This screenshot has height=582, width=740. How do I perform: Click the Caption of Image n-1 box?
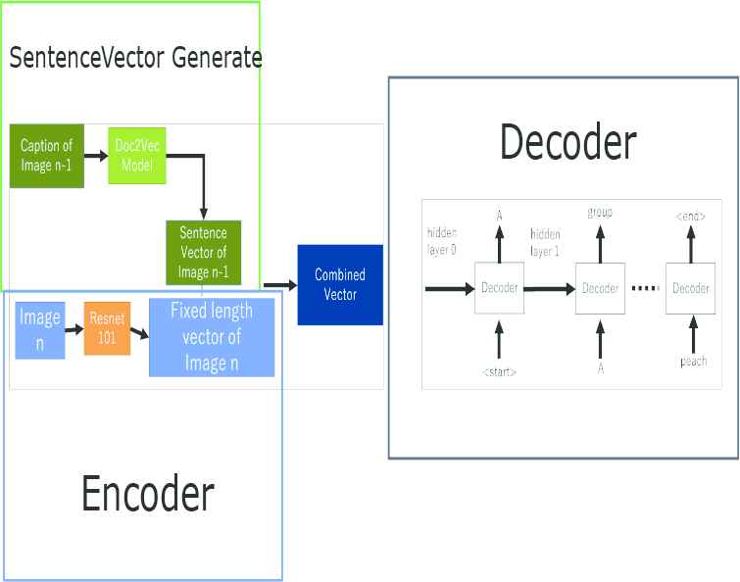[x=47, y=154]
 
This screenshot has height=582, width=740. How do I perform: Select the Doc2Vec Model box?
[x=137, y=154]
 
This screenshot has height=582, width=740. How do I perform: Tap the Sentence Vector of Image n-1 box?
[x=203, y=252]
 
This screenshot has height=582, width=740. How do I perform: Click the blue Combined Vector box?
[x=339, y=285]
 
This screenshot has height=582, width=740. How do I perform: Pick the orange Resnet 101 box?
[x=107, y=328]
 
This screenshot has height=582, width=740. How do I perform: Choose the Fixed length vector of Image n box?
[x=211, y=338]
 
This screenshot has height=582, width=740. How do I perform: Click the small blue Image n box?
[x=40, y=330]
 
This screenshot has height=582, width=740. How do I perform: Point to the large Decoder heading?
[x=567, y=142]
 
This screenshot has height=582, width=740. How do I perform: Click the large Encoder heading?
[x=147, y=494]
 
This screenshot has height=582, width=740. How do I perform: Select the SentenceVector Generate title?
[x=135, y=57]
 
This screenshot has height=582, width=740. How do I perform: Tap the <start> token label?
[x=499, y=372]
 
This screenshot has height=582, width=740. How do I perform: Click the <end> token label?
[x=690, y=215]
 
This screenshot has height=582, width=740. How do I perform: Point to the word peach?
[x=693, y=362]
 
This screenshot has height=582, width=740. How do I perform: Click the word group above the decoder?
[x=600, y=213]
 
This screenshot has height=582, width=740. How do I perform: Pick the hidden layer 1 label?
[x=545, y=242]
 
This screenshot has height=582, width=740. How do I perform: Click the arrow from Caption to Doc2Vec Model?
[x=96, y=155]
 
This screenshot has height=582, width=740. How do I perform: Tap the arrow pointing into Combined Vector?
[x=279, y=284]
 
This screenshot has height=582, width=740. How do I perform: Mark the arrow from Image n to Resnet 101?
[x=74, y=330]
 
